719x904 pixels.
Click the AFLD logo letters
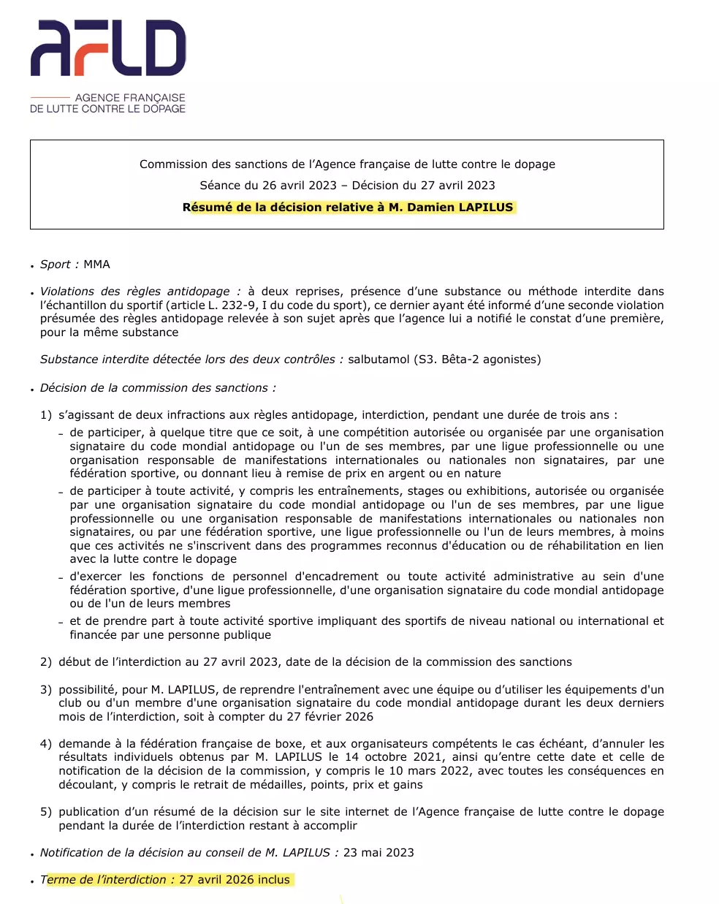(x=108, y=48)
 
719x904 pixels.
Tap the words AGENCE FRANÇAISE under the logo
(x=130, y=97)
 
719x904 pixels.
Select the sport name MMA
(x=96, y=265)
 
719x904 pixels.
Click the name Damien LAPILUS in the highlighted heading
(x=460, y=208)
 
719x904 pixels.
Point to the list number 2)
(x=46, y=662)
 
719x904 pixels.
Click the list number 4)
(x=46, y=744)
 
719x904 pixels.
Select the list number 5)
(x=46, y=812)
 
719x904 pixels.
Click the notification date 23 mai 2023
(x=378, y=853)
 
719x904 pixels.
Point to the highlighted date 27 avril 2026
(x=216, y=880)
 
